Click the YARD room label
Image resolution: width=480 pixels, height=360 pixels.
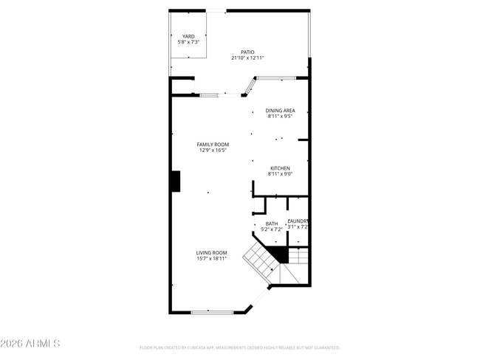click(189, 35)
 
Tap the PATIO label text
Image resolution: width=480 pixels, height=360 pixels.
click(247, 52)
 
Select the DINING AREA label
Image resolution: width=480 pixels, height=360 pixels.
click(280, 111)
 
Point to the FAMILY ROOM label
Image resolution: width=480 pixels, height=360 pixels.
click(213, 144)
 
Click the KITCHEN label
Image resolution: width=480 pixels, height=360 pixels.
click(280, 168)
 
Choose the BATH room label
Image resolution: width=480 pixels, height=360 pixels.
click(272, 224)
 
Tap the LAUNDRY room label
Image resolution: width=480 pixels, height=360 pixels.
click(298, 221)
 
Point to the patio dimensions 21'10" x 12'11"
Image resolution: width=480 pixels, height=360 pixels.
click(247, 58)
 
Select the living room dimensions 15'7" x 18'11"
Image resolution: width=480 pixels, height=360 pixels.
click(211, 259)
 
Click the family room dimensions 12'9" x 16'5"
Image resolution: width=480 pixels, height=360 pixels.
click(213, 150)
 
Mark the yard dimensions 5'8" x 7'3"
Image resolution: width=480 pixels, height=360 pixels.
click(189, 42)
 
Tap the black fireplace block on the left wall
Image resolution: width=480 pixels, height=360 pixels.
click(176, 181)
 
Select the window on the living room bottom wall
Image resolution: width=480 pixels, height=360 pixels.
click(213, 312)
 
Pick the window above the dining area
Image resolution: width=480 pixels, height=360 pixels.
click(276, 77)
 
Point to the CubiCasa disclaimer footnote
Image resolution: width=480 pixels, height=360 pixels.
click(240, 347)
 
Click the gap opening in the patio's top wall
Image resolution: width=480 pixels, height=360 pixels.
click(216, 10)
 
